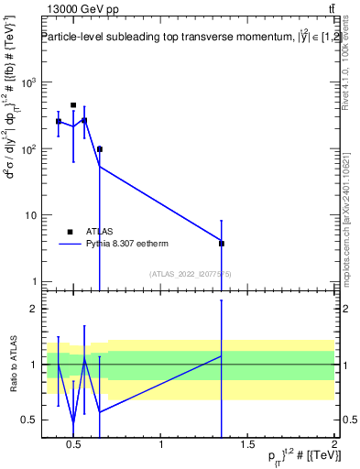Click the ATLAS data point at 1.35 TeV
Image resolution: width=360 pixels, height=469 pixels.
pyautogui.click(x=222, y=244)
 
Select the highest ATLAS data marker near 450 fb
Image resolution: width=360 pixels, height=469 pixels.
pyautogui.click(x=73, y=105)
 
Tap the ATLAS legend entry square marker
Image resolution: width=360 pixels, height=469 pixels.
pyautogui.click(x=70, y=232)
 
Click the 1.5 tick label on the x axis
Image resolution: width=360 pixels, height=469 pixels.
pyautogui.click(x=247, y=446)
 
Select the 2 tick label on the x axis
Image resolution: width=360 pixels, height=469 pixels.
pyautogui.click(x=333, y=446)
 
